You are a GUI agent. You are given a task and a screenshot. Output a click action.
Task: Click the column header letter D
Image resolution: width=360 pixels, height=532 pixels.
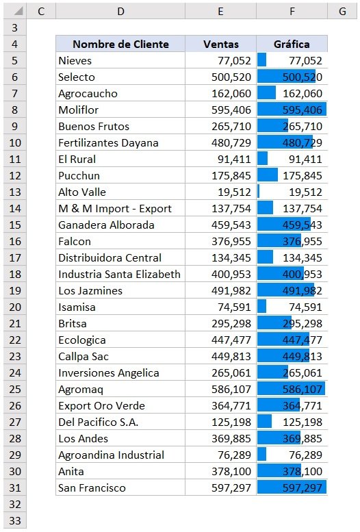click(x=120, y=11)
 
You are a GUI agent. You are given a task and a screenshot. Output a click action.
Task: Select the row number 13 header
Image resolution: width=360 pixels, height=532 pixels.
click(x=14, y=192)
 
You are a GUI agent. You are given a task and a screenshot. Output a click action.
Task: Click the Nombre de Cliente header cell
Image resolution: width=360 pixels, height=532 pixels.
click(x=120, y=45)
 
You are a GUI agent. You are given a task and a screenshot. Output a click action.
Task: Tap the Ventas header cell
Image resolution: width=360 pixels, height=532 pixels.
click(x=221, y=45)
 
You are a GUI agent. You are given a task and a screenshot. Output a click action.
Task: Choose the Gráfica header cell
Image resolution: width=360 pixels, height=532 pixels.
click(x=292, y=45)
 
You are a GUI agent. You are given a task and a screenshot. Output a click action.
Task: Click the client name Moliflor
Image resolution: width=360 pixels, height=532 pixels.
click(x=79, y=110)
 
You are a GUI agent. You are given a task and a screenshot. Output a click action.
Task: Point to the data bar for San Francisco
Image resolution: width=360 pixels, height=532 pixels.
click(x=292, y=488)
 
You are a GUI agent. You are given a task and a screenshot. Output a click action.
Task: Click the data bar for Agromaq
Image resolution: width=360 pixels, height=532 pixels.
click(x=291, y=390)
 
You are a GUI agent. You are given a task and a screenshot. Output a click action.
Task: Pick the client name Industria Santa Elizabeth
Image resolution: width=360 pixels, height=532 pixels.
click(x=119, y=275)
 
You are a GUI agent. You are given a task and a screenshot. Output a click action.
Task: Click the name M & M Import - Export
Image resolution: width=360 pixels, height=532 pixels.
click(x=115, y=209)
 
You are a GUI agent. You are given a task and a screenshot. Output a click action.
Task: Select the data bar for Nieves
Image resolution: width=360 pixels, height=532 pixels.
click(x=262, y=61)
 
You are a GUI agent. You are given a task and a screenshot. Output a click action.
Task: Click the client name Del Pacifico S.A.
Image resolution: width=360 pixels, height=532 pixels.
click(x=98, y=422)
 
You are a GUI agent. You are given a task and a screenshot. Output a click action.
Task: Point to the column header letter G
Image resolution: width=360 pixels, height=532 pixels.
click(x=341, y=11)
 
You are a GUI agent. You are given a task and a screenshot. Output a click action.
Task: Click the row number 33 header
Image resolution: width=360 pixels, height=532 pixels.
click(x=14, y=521)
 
